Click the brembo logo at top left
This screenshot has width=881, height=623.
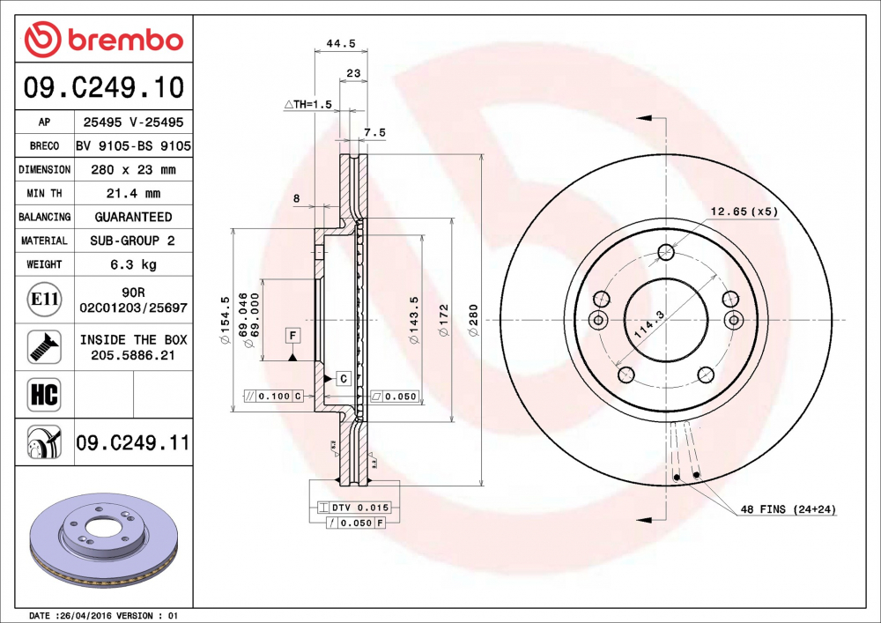pos(104,41)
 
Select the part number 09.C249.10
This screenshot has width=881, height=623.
pos(104,87)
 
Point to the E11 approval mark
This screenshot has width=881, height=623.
pos(44,300)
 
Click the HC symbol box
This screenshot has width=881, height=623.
pos(44,394)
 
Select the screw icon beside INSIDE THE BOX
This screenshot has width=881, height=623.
pos(44,346)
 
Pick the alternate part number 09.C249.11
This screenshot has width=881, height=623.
pos(132,442)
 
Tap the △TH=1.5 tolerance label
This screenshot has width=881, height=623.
pos(307,104)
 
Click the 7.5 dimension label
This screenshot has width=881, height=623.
pos(374,132)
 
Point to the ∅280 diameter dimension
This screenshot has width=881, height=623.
pos(473,314)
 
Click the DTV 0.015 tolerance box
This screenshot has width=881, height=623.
pos(352,508)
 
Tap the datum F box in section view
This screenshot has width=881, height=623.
pos(292,335)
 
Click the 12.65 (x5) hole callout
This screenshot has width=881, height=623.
pos(744,211)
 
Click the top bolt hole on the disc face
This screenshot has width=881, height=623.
pos(666,254)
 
